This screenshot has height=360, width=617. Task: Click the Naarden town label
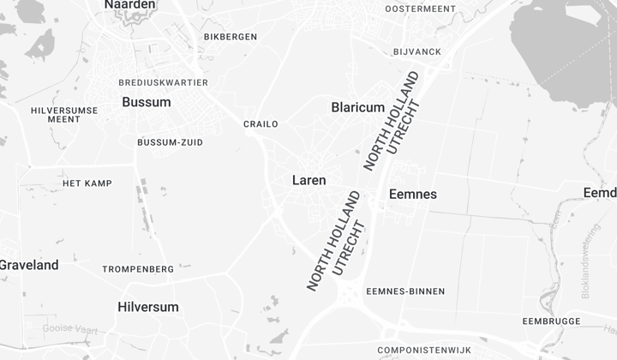pyautogui.click(x=130, y=5)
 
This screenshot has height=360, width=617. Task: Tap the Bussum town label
pyautogui.click(x=146, y=102)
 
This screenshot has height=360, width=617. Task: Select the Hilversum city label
pyautogui.click(x=148, y=307)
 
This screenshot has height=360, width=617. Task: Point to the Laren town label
pyautogui.click(x=308, y=180)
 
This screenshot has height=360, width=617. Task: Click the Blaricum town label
pyautogui.click(x=357, y=107)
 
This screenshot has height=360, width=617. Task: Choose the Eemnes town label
pyautogui.click(x=413, y=195)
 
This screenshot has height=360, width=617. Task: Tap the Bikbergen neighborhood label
pyautogui.click(x=231, y=37)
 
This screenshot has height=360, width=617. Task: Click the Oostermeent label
pyautogui.click(x=420, y=9)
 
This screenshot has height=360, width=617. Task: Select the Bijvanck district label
pyautogui.click(x=417, y=51)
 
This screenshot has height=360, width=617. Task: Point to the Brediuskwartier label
pyautogui.click(x=164, y=82)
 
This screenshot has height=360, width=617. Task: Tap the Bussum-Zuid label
pyautogui.click(x=170, y=142)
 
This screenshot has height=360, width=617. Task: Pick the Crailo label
pyautogui.click(x=261, y=124)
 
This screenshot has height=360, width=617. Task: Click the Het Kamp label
pyautogui.click(x=87, y=183)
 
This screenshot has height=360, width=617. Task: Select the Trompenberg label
pyautogui.click(x=138, y=269)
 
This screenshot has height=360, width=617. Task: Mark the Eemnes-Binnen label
pyautogui.click(x=405, y=291)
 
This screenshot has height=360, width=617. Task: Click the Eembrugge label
pyautogui.click(x=551, y=321)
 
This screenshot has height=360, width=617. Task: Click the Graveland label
pyautogui.click(x=29, y=265)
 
